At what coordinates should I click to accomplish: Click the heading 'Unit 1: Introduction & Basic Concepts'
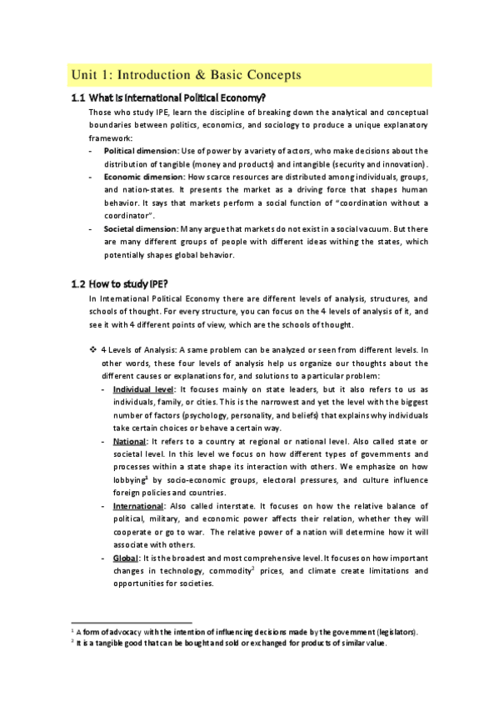(x=186, y=75)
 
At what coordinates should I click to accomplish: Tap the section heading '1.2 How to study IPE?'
(x=122, y=283)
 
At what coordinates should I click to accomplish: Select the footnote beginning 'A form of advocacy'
(x=250, y=631)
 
